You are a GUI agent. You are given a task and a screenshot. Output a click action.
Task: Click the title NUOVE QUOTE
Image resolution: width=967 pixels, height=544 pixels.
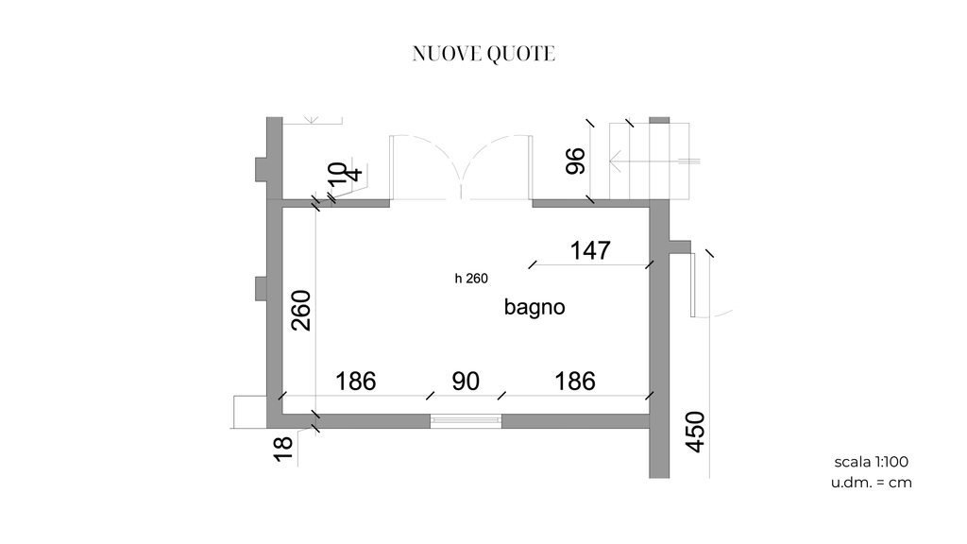483,54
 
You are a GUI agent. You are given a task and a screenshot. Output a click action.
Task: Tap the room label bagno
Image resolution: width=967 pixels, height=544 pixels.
534,307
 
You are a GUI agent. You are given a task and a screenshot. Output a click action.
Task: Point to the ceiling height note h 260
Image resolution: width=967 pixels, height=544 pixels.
471,279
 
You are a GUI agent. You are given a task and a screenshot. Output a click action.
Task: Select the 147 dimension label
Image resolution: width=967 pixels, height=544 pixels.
590,250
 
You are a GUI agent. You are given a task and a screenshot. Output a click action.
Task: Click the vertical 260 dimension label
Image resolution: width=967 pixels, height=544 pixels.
301,310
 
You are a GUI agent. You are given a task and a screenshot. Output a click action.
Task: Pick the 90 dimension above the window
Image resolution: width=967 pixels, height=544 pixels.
466,382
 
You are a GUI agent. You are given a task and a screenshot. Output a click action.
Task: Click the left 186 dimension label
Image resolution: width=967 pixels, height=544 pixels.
355,382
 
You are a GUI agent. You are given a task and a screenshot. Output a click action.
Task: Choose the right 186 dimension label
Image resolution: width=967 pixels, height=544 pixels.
575,382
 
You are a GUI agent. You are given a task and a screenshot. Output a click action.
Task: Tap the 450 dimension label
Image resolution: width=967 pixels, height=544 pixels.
695,432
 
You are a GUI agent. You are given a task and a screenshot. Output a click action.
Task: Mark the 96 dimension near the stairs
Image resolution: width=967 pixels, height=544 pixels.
575,161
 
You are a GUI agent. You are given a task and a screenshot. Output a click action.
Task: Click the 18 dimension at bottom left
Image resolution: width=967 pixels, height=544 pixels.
283,449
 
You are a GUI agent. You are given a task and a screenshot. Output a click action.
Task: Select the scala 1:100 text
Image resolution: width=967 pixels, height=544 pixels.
871,461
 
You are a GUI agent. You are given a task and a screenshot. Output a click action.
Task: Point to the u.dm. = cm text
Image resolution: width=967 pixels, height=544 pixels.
871,483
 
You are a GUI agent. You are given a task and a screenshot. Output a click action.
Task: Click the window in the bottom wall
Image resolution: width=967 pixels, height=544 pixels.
466,420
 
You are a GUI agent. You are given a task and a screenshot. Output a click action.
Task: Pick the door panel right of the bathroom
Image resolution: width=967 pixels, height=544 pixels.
692,285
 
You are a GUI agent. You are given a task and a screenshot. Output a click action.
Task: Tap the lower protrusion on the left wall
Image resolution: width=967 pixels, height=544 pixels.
261,289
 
